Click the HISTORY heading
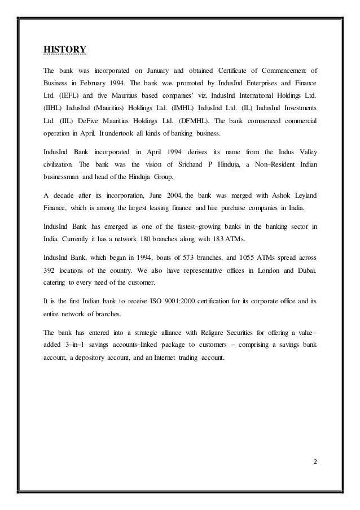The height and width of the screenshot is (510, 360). [x=65, y=49]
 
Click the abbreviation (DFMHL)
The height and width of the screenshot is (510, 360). [x=195, y=121]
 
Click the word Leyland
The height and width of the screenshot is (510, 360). [x=303, y=195]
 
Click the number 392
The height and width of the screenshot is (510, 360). [x=52, y=271]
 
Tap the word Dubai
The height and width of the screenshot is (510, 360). [x=303, y=271]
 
